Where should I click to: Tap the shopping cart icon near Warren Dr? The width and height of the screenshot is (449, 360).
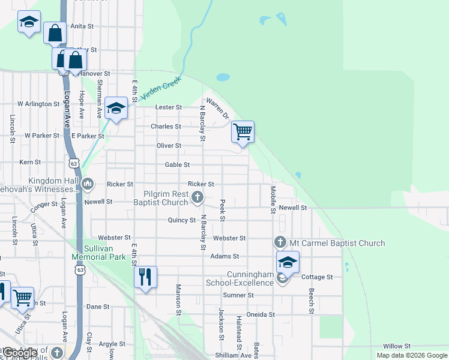click(243, 131)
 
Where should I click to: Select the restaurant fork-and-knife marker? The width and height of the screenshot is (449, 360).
click(145, 277)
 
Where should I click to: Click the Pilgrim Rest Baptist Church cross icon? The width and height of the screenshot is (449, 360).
click(197, 196)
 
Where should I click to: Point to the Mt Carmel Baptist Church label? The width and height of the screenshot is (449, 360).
click(337, 243)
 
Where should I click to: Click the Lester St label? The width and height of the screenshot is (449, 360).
click(169, 107)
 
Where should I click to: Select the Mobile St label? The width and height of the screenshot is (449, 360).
click(273, 200)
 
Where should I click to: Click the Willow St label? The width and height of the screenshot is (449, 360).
click(397, 346)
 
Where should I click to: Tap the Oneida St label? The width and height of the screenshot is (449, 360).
click(261, 314)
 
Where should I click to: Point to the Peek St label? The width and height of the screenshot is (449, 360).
click(222, 211)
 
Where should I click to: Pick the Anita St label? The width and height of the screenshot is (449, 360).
click(82, 26)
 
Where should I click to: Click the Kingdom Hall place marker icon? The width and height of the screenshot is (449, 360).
click(88, 183)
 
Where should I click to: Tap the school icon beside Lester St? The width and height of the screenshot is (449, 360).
click(116, 108)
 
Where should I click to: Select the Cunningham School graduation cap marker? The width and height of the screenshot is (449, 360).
click(288, 262)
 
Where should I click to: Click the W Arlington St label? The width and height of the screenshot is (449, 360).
click(38, 104)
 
